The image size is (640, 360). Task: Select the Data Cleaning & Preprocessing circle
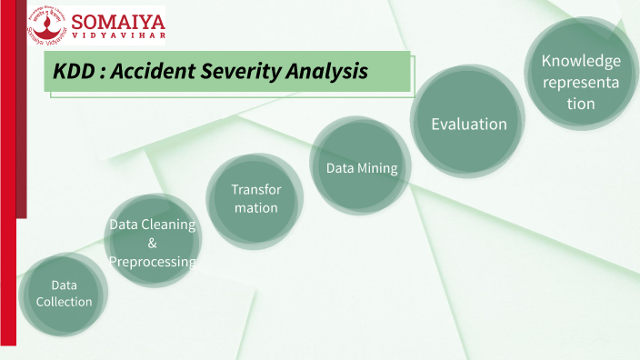[x=152, y=240]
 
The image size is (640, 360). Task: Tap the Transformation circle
[x=255, y=199]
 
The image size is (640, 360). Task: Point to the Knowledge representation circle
[x=580, y=80]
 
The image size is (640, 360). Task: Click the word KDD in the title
[x=75, y=70]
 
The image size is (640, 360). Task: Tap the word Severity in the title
[x=251, y=70]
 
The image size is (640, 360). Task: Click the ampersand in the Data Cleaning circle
[x=152, y=243]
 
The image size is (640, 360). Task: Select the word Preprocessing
[x=152, y=262]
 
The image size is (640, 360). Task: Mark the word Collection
[x=64, y=302]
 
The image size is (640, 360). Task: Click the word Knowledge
[x=581, y=61]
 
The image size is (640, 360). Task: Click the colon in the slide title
[x=103, y=71]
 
